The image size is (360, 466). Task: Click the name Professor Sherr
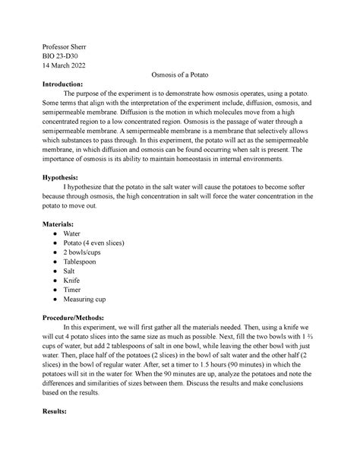tap(65, 47)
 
